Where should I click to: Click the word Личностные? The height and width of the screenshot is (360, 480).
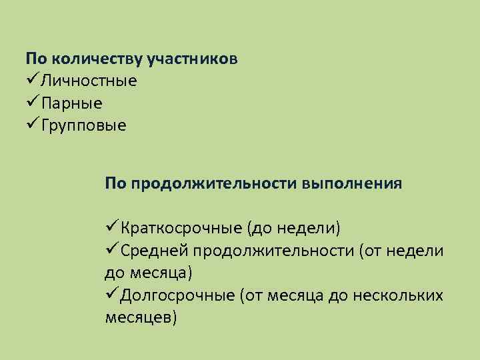coord(89,81)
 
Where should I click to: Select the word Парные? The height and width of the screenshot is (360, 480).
coord(71,103)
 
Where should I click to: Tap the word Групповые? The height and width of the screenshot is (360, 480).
coord(83,125)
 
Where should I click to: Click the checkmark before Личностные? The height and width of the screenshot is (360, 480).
coord(32,81)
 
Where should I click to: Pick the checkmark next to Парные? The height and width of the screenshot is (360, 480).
coord(32,102)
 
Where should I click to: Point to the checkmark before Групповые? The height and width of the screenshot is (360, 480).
coord(32,124)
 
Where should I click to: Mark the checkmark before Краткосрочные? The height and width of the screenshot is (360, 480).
coord(112,228)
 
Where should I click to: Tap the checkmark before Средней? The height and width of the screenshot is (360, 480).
coord(112,250)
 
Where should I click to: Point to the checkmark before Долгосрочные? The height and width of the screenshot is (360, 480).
coord(112,295)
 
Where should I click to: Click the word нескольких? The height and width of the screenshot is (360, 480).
coord(403,295)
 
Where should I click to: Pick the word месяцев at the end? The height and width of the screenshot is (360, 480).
coord(141,317)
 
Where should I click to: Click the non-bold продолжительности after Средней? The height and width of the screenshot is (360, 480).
coord(274,251)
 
